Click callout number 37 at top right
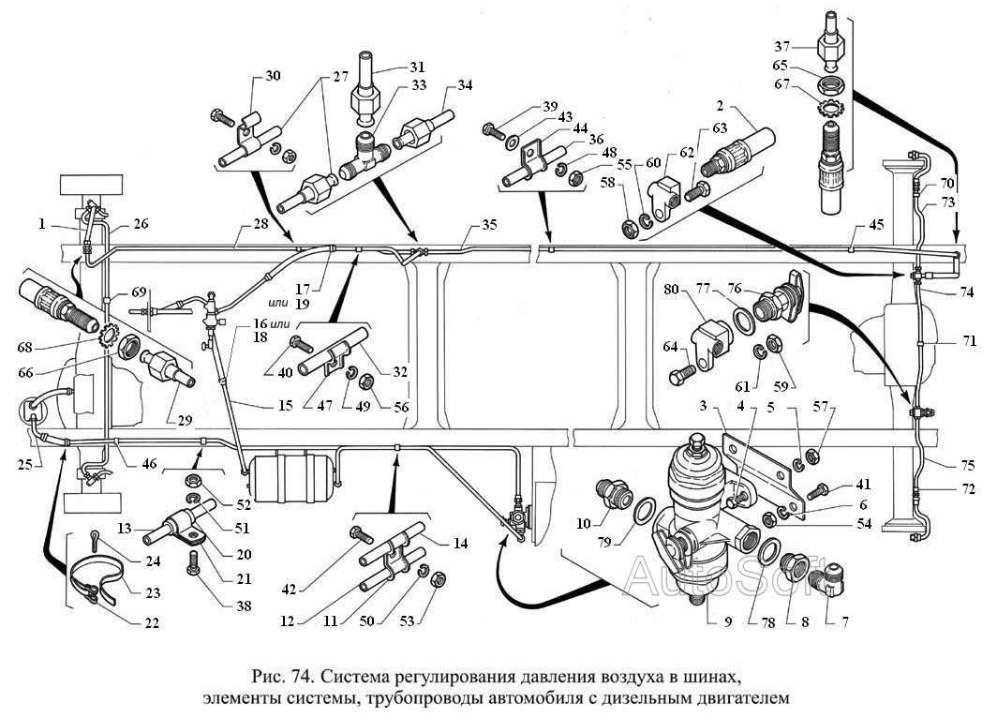tap(781, 46)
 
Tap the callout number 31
tap(417, 67)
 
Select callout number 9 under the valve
tap(728, 621)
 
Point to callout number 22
tap(151, 622)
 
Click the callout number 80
tap(672, 290)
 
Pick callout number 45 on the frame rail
tap(876, 225)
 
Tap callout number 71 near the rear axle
tap(969, 341)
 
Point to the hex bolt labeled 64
tap(682, 374)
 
